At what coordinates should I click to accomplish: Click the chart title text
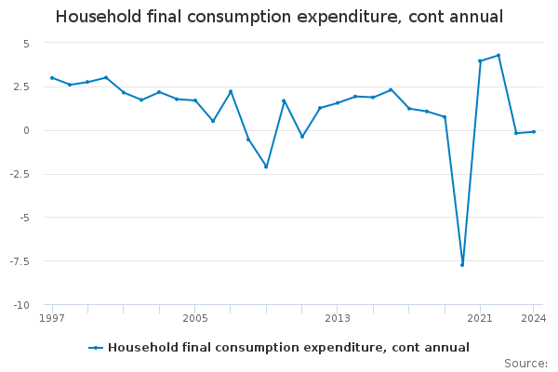pos(279,17)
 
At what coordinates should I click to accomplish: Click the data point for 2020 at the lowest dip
pos(462,265)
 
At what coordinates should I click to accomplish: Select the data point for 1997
pos(52,78)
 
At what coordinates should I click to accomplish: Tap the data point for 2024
pos(534,131)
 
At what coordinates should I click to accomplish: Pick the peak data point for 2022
pos(498,55)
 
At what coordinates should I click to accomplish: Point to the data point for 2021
pos(480,61)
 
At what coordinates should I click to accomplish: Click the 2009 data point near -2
pos(266,166)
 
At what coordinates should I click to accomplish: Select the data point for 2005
pos(195,100)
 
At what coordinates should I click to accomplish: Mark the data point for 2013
pos(338,102)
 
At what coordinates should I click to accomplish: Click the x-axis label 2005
pos(195,319)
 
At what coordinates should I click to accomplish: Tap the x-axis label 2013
pos(338,319)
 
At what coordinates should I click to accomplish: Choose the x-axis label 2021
pos(480,319)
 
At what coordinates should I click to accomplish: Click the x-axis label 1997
pos(52,319)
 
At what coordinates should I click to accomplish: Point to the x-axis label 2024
pos(534,319)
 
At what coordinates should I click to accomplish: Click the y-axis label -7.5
pos(21,261)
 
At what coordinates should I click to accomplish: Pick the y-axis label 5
pos(27,44)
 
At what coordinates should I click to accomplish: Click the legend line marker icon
pos(96,348)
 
